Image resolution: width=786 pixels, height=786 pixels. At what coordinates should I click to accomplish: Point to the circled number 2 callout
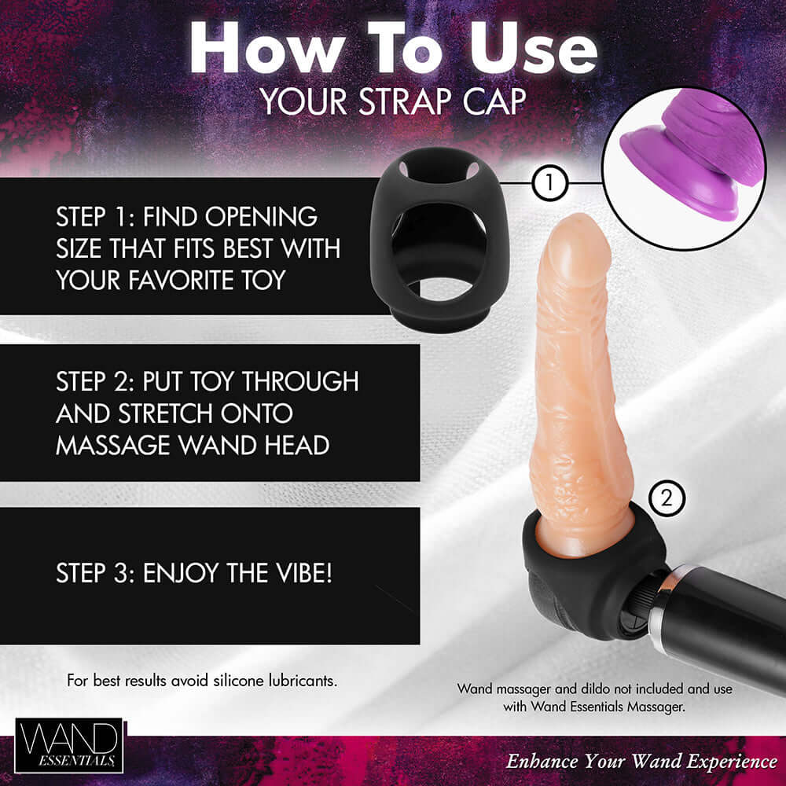pyautogui.click(x=667, y=498)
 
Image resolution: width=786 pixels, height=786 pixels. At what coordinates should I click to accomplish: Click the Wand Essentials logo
pyautogui.click(x=69, y=745)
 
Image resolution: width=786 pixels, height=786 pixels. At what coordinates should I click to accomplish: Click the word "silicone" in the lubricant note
pyautogui.click(x=242, y=681)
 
